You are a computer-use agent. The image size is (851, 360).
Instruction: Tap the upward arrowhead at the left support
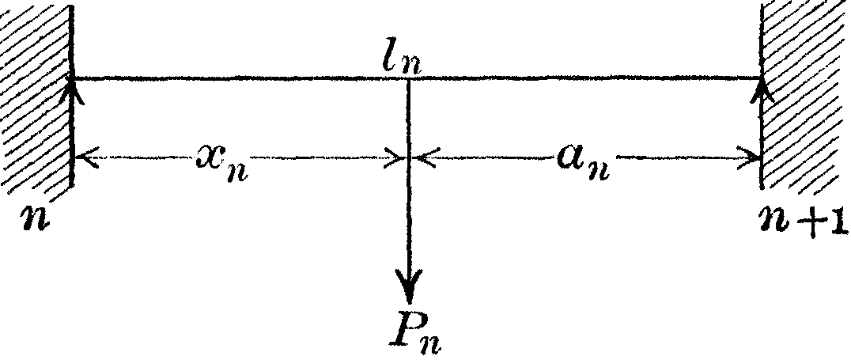click(x=73, y=85)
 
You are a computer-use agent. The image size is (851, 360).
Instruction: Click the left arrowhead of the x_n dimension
click(x=83, y=159)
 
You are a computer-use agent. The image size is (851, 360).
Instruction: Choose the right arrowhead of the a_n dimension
click(x=752, y=159)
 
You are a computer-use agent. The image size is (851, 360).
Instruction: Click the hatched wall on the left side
click(x=36, y=95)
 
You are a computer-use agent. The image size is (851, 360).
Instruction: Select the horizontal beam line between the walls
click(x=237, y=78)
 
